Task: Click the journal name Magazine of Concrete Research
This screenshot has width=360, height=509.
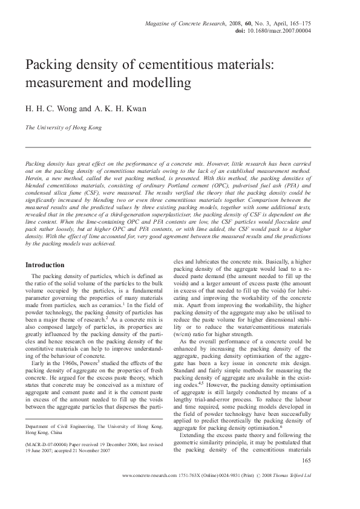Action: tap(182, 22)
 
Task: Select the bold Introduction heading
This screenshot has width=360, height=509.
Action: tap(44, 265)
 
